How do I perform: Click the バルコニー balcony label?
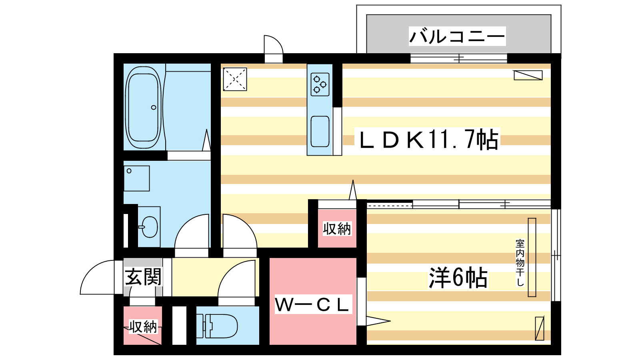[457, 36]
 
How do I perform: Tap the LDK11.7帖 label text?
[428, 140]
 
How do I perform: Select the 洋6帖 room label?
[458, 278]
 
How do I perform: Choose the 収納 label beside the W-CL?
[337, 228]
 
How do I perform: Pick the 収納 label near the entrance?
[143, 326]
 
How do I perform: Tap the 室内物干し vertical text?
[520, 262]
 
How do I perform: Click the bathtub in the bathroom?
[144, 108]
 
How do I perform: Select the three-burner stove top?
[320, 84]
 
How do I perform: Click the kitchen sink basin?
[320, 132]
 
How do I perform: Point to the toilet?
[217, 326]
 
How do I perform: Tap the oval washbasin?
[149, 227]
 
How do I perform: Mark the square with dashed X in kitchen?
[235, 79]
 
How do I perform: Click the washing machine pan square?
[136, 178]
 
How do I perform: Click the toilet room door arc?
[228, 272]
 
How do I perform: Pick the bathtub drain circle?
[154, 108]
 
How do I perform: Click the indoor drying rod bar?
[532, 258]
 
